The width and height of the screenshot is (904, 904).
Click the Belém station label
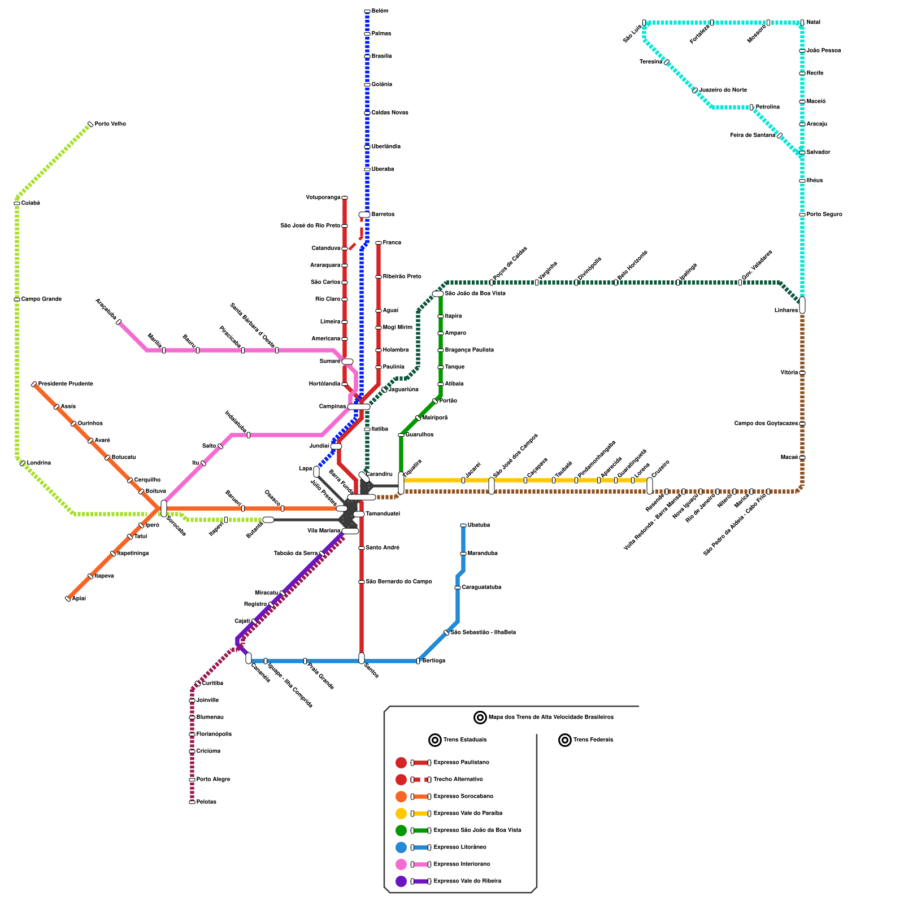click(380, 11)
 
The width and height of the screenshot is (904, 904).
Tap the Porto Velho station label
click(110, 124)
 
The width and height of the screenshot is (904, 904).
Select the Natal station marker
click(802, 23)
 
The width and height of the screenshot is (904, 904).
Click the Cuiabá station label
click(31, 203)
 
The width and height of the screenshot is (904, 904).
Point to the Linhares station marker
click(802, 305)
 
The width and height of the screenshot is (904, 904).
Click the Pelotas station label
click(206, 802)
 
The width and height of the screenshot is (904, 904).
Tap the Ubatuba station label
click(479, 525)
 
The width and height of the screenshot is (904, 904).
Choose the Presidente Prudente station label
click(66, 384)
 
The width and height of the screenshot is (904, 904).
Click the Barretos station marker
click(364, 215)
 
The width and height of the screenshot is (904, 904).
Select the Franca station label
click(392, 243)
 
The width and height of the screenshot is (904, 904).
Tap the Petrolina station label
click(768, 107)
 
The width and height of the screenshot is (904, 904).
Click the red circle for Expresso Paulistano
click(401, 763)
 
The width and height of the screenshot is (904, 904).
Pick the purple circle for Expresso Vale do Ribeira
click(401, 881)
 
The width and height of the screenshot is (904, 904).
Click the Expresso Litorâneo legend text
click(460, 847)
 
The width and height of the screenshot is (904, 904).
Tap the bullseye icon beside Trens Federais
click(565, 740)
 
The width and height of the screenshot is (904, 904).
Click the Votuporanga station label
click(323, 198)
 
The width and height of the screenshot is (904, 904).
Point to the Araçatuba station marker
click(119, 322)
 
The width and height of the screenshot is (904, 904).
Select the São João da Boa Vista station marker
click(438, 294)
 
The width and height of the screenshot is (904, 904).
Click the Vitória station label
click(789, 373)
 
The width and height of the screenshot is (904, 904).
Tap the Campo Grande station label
click(41, 299)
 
